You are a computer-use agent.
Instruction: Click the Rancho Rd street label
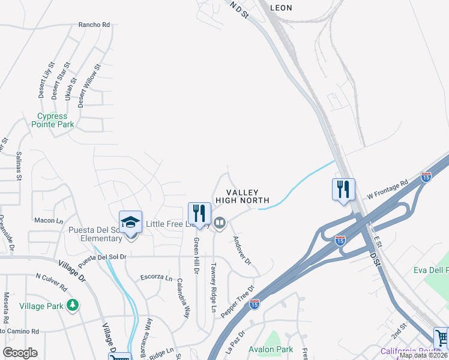click(94, 25)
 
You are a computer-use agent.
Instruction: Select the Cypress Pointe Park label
click(55, 120)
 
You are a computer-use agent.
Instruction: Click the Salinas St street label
click(19, 166)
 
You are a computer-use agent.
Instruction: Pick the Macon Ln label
click(49, 221)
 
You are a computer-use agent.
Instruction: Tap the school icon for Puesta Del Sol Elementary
click(130, 222)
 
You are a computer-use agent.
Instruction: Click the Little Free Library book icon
click(220, 224)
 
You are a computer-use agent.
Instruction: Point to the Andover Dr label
click(241, 250)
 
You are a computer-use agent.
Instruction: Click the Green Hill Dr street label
click(196, 255)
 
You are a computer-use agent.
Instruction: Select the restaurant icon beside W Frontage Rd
click(343, 190)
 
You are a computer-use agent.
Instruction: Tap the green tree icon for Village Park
click(73, 305)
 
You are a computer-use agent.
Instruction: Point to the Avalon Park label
click(271, 349)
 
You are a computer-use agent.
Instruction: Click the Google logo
click(20, 352)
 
